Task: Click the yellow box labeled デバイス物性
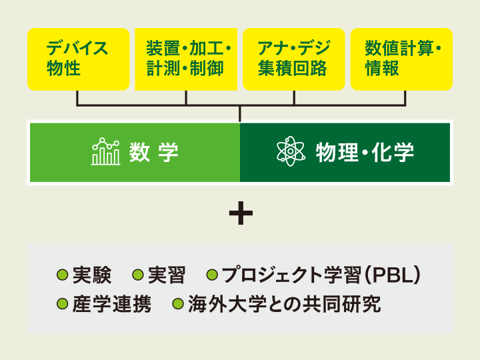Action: (x=78, y=59)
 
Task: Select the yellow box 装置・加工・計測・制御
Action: (x=186, y=59)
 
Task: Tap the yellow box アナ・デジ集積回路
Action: (x=294, y=59)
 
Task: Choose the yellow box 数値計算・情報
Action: (x=401, y=59)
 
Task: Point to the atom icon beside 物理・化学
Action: (x=291, y=152)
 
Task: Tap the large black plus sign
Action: (x=240, y=213)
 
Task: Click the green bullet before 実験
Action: (x=63, y=275)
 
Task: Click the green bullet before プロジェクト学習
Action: (x=213, y=275)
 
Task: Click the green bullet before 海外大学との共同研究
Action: (x=178, y=305)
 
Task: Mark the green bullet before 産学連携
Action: (x=63, y=305)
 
